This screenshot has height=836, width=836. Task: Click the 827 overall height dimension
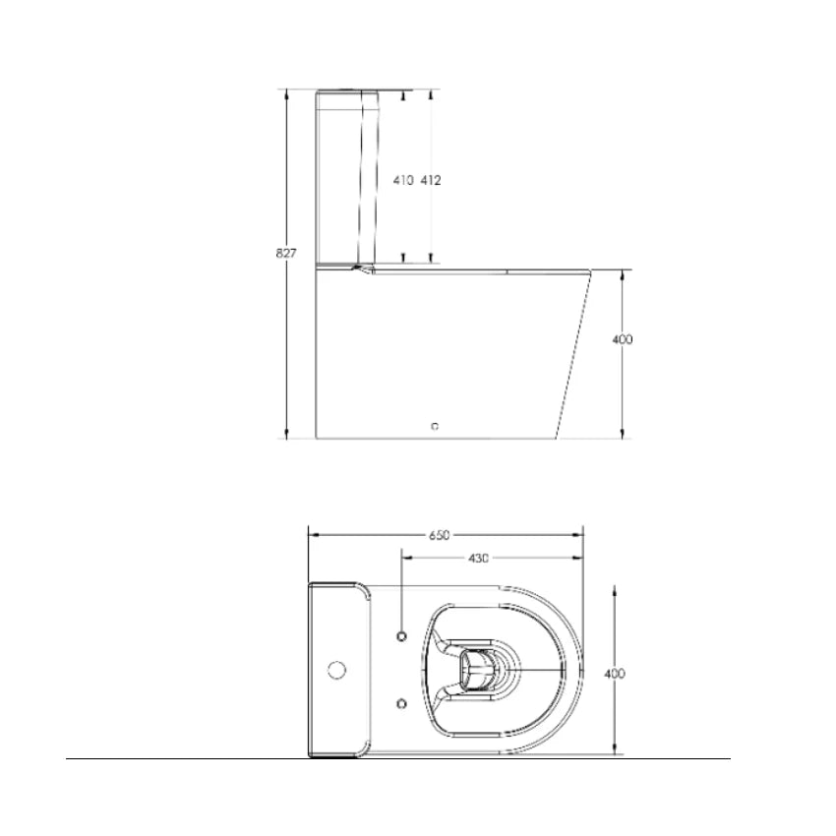[x=285, y=253]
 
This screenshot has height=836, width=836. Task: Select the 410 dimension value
[x=402, y=181]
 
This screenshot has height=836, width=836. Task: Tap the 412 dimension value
[x=431, y=181]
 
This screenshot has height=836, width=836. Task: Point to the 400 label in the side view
[x=622, y=339]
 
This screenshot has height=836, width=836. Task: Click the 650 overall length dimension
[x=439, y=535]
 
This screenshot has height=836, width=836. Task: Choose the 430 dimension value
[x=478, y=558]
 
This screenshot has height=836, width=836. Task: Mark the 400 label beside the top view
[x=615, y=674]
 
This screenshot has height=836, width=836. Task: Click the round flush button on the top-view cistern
[x=336, y=672]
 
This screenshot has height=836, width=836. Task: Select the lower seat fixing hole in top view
[x=402, y=703]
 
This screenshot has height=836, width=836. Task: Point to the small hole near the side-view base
[x=437, y=427]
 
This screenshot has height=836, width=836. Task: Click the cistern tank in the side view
[x=344, y=177]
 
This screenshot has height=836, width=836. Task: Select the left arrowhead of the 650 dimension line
[x=313, y=535]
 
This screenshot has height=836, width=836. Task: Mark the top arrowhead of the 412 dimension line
[x=431, y=94]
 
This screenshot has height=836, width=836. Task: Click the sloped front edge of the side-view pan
[x=574, y=354]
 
